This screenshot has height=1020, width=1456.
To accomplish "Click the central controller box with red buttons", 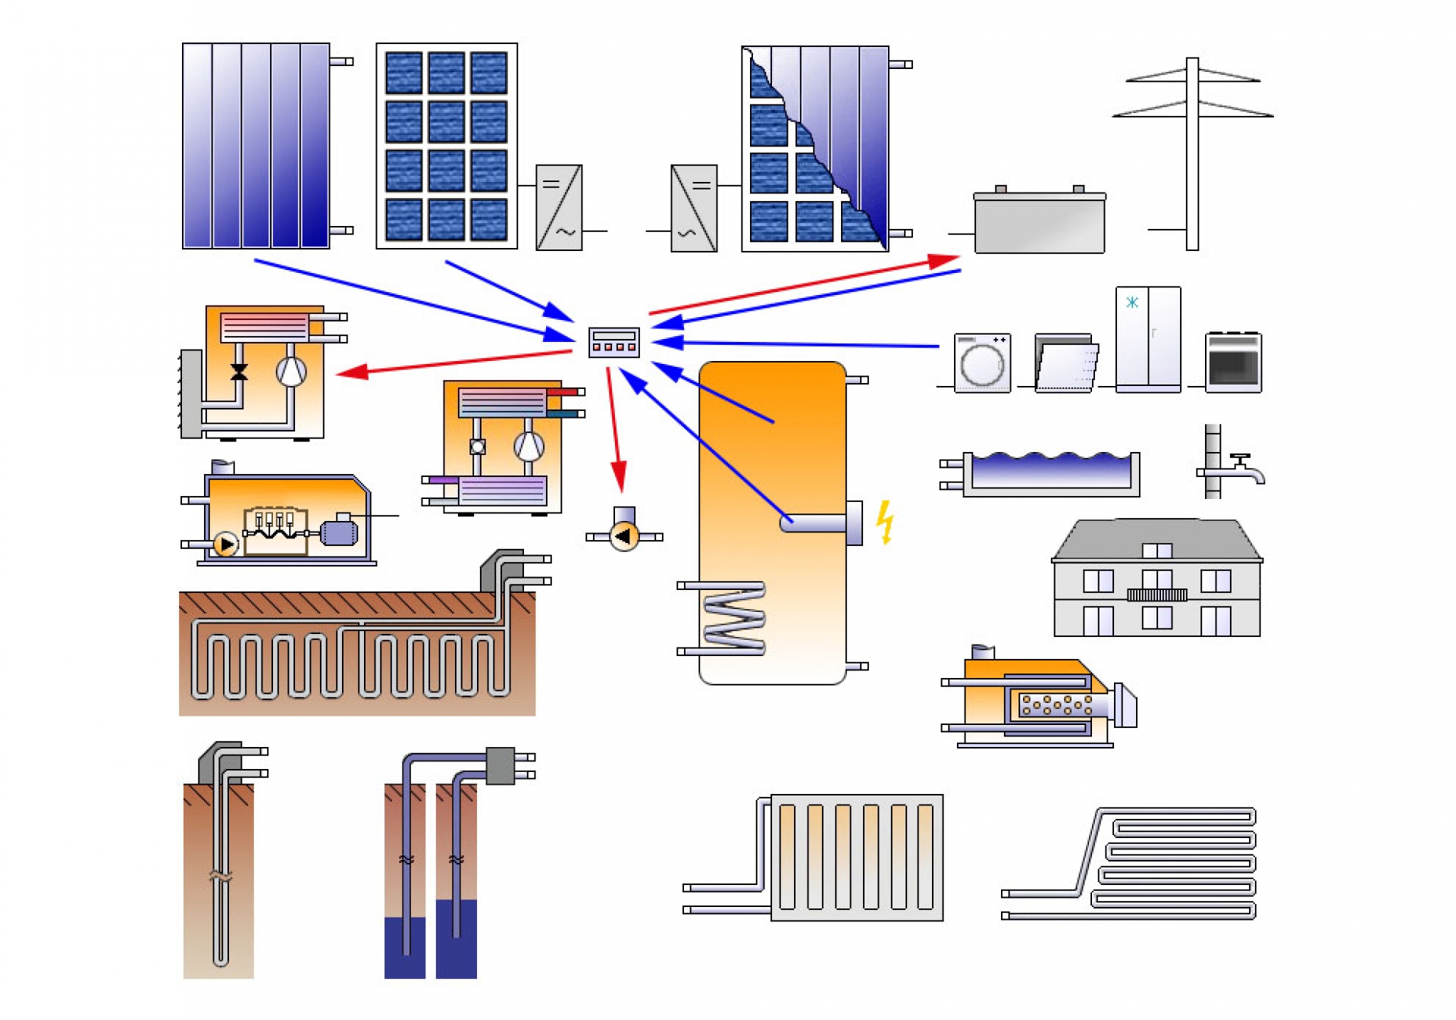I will click(613, 342).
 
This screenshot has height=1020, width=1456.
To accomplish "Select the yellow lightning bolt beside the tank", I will click(884, 522).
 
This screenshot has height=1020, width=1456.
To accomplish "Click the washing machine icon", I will click(982, 362).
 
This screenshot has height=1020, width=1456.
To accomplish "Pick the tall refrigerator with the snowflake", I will click(1147, 338).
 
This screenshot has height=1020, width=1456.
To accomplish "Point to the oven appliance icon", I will click(1233, 362).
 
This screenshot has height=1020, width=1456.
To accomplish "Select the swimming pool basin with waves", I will click(1051, 473).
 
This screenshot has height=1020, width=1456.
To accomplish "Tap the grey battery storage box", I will click(1039, 221).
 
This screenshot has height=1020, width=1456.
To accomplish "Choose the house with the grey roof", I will click(1156, 578).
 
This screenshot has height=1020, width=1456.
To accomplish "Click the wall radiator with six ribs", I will click(856, 857).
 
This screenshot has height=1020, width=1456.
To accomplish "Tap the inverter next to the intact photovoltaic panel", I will click(559, 207).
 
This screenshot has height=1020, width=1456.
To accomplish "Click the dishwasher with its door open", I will click(1065, 363).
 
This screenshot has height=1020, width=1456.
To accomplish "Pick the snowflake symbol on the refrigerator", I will click(1131, 303).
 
